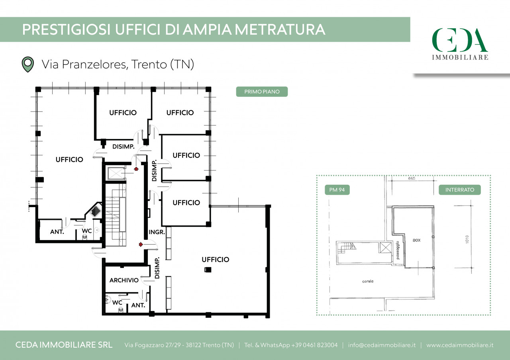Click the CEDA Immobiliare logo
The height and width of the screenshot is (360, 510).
point(460,44)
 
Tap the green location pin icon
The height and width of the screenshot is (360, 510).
point(28,65)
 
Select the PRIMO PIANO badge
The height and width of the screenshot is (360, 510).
point(262,92)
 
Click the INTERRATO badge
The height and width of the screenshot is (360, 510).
point(460,190)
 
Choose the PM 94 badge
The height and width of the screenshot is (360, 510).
point(337,190)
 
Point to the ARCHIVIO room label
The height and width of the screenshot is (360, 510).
point(124,280)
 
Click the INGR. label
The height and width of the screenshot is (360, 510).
point(157,232)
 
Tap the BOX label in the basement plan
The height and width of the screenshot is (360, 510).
point(417,240)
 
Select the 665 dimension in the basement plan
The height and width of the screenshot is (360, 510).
point(412,178)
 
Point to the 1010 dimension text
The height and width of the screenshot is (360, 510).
point(467,239)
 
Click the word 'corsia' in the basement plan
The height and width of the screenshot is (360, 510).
point(368,281)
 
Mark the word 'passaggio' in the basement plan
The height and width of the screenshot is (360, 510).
point(398,250)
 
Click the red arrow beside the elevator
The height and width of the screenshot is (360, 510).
point(136,169)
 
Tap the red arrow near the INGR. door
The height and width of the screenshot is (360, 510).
point(141,245)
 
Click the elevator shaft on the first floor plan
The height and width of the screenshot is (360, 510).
point(116,174)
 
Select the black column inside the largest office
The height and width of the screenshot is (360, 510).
point(208,270)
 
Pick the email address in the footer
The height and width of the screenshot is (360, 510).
point(382,345)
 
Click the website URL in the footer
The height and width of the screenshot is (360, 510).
point(460,345)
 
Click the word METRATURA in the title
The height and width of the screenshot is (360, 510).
point(280,29)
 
